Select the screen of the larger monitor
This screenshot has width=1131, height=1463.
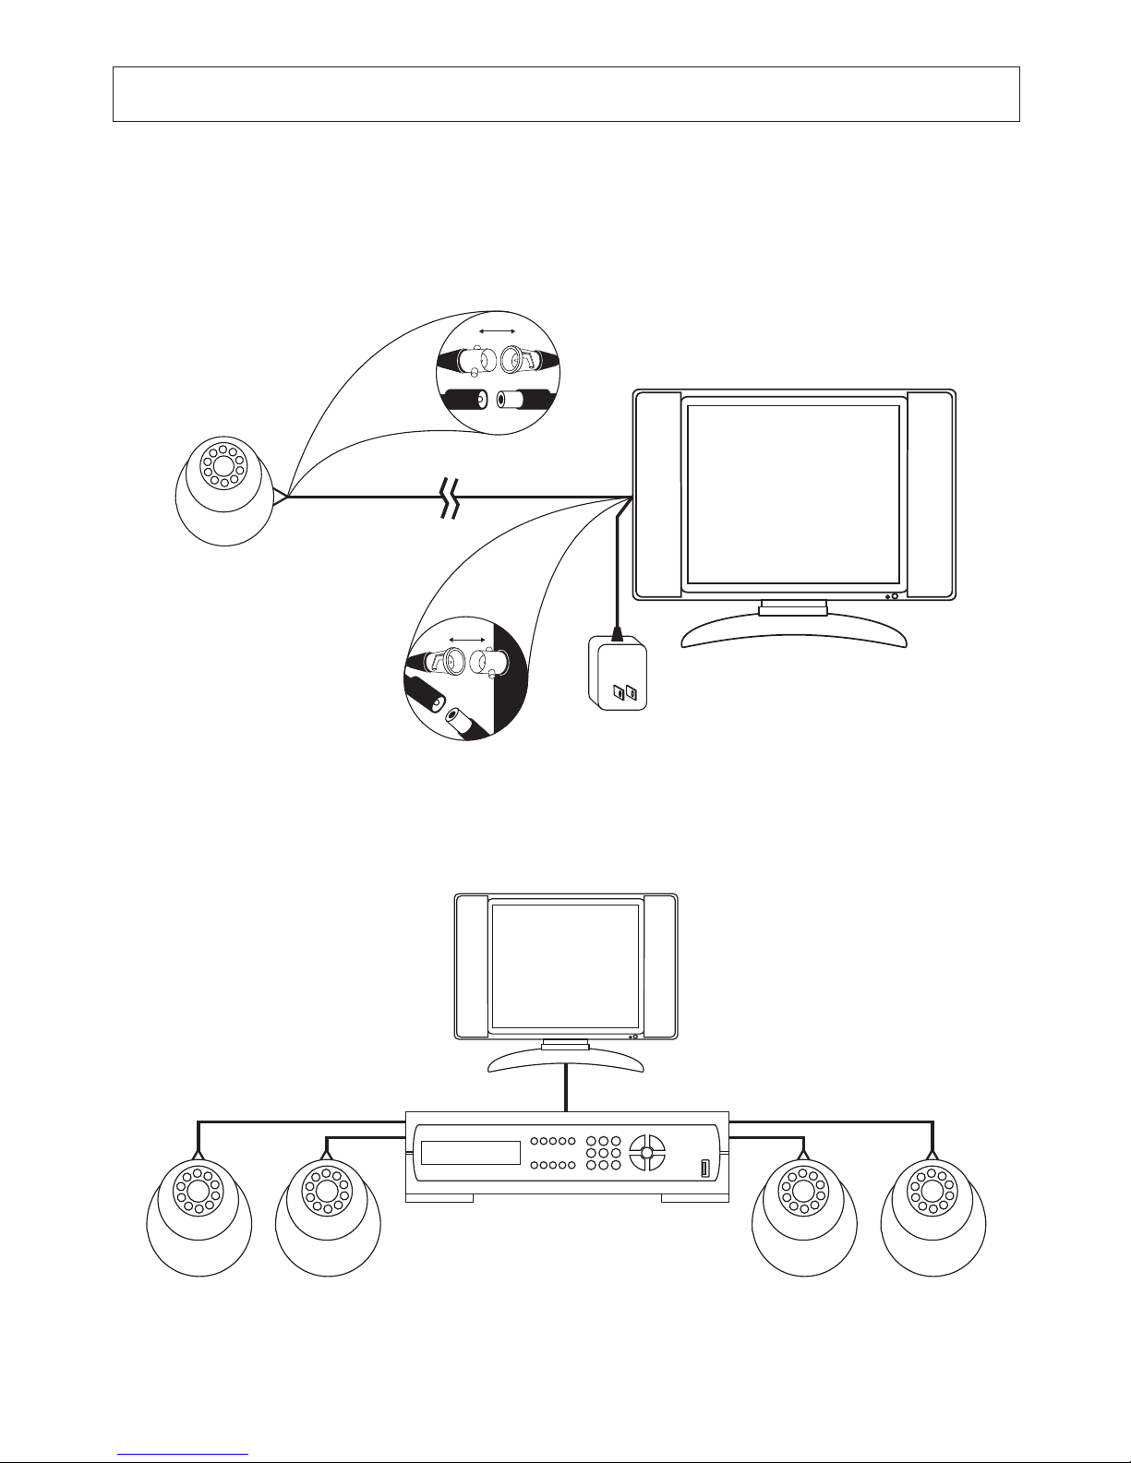pyautogui.click(x=794, y=491)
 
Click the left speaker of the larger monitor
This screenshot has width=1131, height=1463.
pyautogui.click(x=657, y=494)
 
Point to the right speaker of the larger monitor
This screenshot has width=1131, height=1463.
pyautogui.click(x=929, y=494)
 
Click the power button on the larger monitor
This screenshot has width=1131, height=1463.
pyautogui.click(x=895, y=596)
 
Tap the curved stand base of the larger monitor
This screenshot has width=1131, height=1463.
pyautogui.click(x=793, y=633)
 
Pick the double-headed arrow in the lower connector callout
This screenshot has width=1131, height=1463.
pyautogui.click(x=467, y=639)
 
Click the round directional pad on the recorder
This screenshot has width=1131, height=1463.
pyautogui.click(x=647, y=1152)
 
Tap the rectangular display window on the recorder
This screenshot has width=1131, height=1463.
pyautogui.click(x=470, y=1153)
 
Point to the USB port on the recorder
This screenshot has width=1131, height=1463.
pyautogui.click(x=706, y=1169)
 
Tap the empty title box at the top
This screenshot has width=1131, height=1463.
pyautogui.click(x=565, y=94)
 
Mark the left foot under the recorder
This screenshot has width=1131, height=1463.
pyautogui.click(x=439, y=1198)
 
